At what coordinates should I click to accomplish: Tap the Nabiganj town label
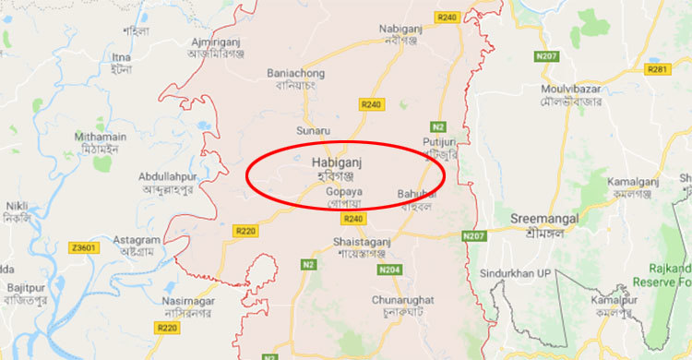400,29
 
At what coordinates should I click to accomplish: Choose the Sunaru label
313,131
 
